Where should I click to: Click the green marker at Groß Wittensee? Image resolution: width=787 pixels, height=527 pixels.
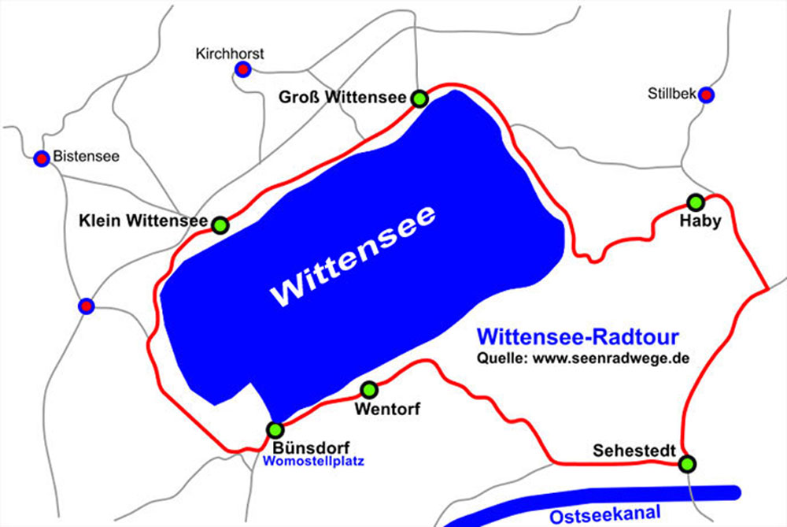click(419, 98)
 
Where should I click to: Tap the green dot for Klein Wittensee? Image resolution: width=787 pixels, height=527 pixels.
click(220, 225)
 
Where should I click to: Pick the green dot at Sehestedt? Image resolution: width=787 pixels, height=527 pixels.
click(688, 464)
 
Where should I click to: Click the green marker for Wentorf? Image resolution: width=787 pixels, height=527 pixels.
click(368, 389)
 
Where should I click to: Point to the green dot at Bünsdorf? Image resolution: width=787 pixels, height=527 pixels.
click(275, 430)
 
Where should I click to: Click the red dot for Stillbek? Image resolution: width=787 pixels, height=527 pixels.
click(707, 95)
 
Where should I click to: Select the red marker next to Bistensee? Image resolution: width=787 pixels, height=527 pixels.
click(42, 158)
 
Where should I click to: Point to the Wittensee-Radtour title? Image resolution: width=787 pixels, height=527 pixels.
click(578, 338)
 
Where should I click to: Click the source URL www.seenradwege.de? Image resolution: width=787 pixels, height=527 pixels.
click(611, 358)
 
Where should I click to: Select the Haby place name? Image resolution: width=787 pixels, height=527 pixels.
click(700, 221)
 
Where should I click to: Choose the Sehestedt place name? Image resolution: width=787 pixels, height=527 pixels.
click(634, 451)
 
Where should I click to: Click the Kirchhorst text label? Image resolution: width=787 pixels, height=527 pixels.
click(230, 54)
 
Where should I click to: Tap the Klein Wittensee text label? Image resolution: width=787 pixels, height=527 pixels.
click(143, 222)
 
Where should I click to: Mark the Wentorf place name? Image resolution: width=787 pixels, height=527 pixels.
click(388, 409)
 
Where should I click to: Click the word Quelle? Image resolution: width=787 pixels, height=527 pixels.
click(503, 358)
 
